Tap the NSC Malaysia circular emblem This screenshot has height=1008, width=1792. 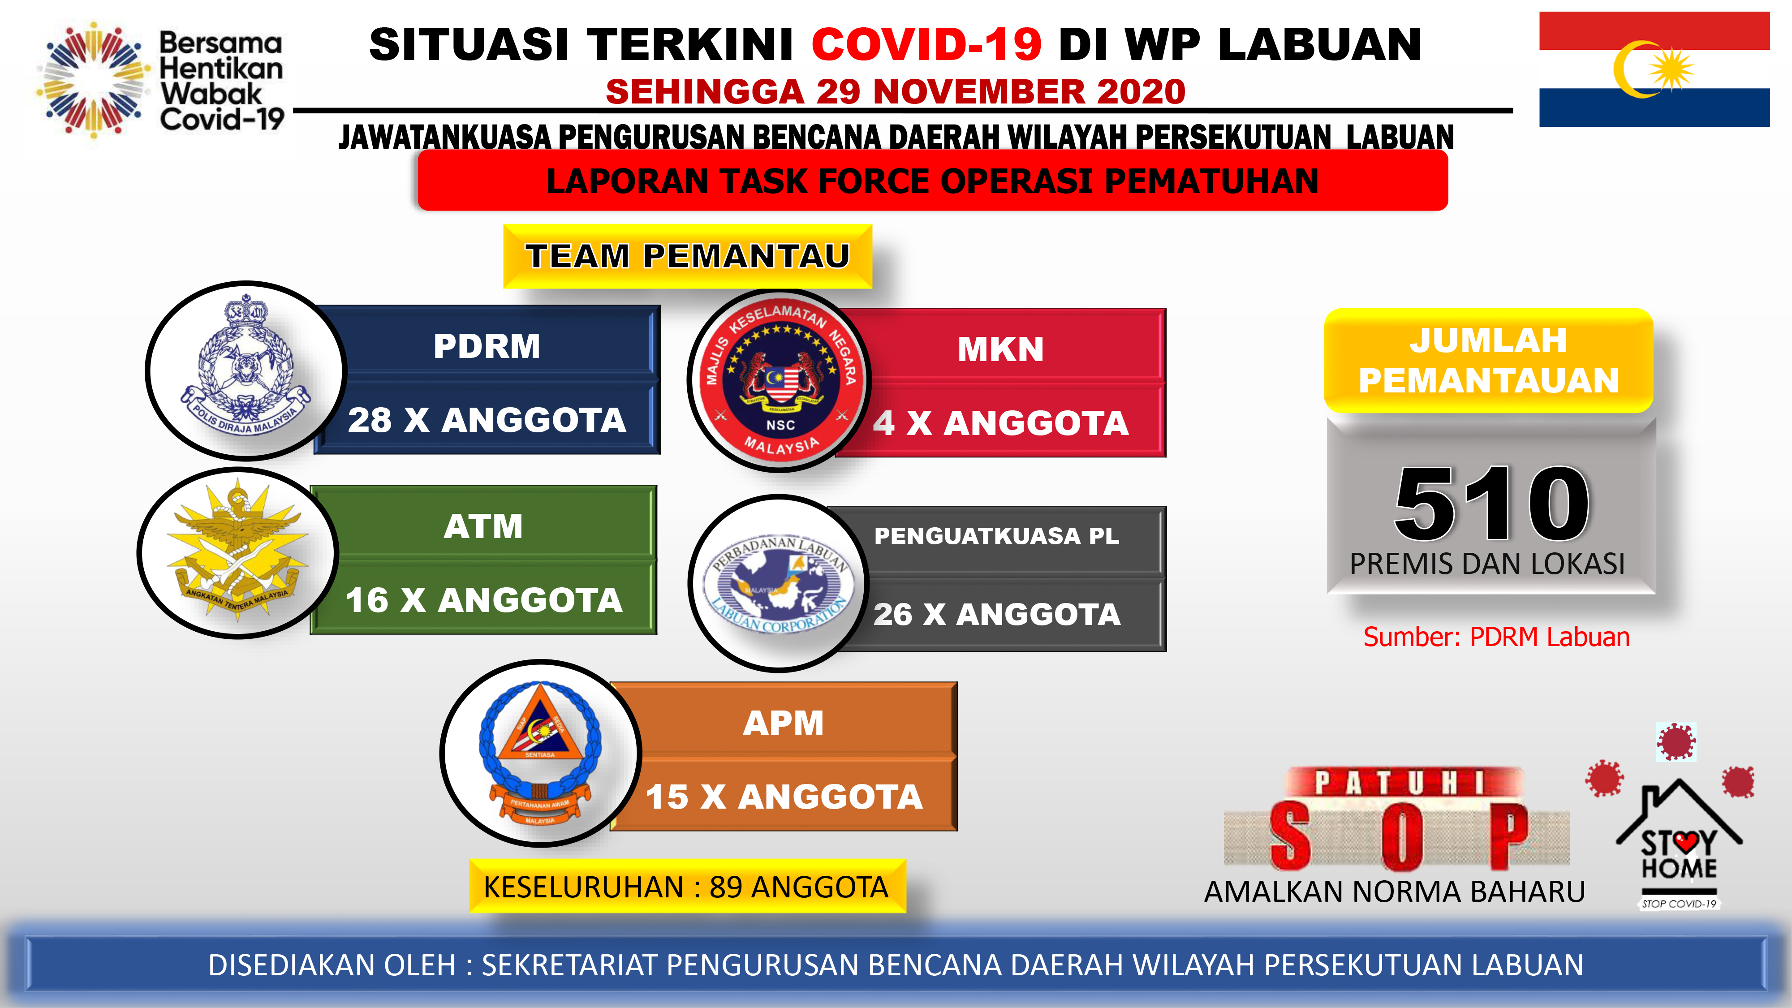click(x=780, y=380)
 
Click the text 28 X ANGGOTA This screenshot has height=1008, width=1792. click(x=487, y=420)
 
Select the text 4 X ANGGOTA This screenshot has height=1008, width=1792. click(x=1001, y=423)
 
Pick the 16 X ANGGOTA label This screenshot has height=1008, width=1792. click(x=484, y=600)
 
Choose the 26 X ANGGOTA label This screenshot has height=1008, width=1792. click(x=997, y=614)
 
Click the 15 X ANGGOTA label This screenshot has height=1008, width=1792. click(x=784, y=797)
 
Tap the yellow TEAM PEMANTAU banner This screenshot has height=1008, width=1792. click(x=687, y=256)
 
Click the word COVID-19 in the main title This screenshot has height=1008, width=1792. click(x=926, y=44)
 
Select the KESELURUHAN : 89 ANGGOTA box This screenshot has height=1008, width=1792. click(x=687, y=886)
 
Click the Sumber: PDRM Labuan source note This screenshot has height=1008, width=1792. click(x=1496, y=637)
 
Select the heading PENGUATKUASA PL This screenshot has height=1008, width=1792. click(x=996, y=536)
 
